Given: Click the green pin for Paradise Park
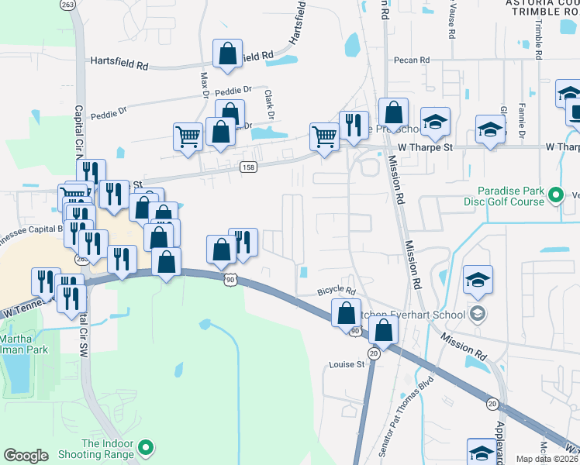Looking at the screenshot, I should (x=555, y=195).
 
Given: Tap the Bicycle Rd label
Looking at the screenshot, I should (x=336, y=292).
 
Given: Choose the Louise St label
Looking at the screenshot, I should (x=346, y=364).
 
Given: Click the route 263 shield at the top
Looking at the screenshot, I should (x=67, y=5).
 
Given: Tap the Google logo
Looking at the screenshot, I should (x=26, y=456).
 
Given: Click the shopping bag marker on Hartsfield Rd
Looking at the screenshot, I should (x=227, y=54).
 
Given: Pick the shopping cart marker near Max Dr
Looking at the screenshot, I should (x=188, y=137).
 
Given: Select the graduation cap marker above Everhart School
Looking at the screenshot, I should (x=478, y=280).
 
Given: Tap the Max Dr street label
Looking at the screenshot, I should (x=205, y=86).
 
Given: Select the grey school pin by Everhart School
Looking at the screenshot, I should (x=478, y=314).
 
